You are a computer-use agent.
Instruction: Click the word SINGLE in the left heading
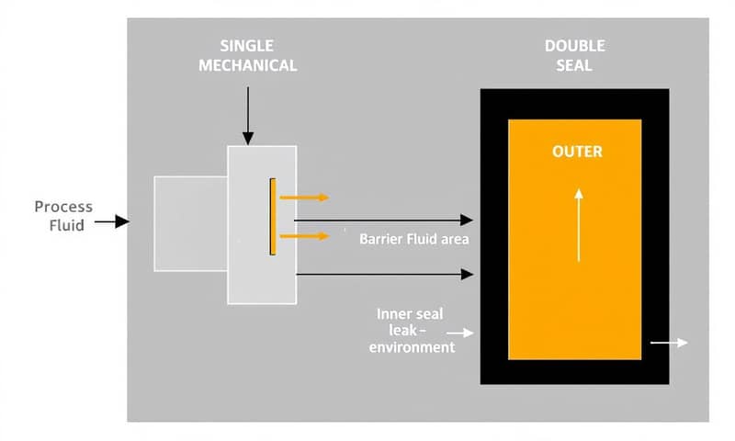pyautogui.click(x=247, y=46)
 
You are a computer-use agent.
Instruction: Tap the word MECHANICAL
pyautogui.click(x=247, y=65)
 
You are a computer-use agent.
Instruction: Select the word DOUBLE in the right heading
pyautogui.click(x=575, y=46)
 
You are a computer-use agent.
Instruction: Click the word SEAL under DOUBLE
pyautogui.click(x=575, y=65)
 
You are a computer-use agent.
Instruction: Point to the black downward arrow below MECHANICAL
pyautogui.click(x=247, y=114)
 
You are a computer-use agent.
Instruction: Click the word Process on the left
pyautogui.click(x=63, y=207)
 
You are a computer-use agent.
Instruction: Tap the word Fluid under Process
pyautogui.click(x=66, y=225)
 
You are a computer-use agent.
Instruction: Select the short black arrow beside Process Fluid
pyautogui.click(x=111, y=221)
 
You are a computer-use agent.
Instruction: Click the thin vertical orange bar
pyautogui.click(x=273, y=217)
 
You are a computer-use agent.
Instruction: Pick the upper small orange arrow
pyautogui.click(x=303, y=197)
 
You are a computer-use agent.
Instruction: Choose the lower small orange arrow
pyautogui.click(x=303, y=236)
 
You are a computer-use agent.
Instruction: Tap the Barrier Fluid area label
pyautogui.click(x=414, y=240)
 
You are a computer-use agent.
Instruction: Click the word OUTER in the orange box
pyautogui.click(x=577, y=152)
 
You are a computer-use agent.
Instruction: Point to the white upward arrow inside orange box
pyautogui.click(x=578, y=225)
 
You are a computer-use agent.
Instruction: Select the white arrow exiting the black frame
pyautogui.click(x=669, y=343)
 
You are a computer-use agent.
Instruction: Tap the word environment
pyautogui.click(x=412, y=347)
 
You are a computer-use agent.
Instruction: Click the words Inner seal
pyautogui.click(x=410, y=314)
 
